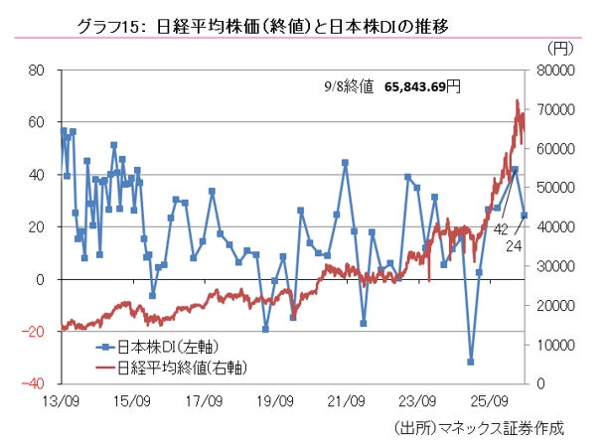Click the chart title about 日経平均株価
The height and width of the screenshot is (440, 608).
click(x=263, y=27)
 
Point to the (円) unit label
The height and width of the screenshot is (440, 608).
click(x=560, y=48)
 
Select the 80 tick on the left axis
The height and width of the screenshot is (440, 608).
click(x=37, y=71)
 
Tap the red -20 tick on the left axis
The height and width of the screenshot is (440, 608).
click(x=34, y=332)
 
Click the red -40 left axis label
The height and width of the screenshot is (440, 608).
click(x=34, y=383)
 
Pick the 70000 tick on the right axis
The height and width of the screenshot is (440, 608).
click(x=555, y=109)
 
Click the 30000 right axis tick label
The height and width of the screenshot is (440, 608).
click(x=555, y=266)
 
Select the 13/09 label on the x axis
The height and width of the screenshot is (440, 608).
click(x=61, y=401)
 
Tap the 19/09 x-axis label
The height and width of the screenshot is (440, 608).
click(x=275, y=401)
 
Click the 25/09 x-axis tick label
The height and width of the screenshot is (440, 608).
click(x=490, y=401)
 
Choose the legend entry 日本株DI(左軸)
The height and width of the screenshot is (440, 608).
click(x=157, y=347)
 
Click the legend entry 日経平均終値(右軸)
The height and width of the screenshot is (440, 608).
click(x=171, y=367)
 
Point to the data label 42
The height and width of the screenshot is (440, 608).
click(x=501, y=229)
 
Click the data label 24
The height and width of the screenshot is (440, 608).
click(x=514, y=246)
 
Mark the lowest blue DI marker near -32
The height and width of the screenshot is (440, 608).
click(x=471, y=362)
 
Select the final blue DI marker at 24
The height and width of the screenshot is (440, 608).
click(x=525, y=216)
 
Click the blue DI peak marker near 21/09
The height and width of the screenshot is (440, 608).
click(x=345, y=163)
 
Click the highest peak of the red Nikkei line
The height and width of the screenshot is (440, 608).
click(x=517, y=100)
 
